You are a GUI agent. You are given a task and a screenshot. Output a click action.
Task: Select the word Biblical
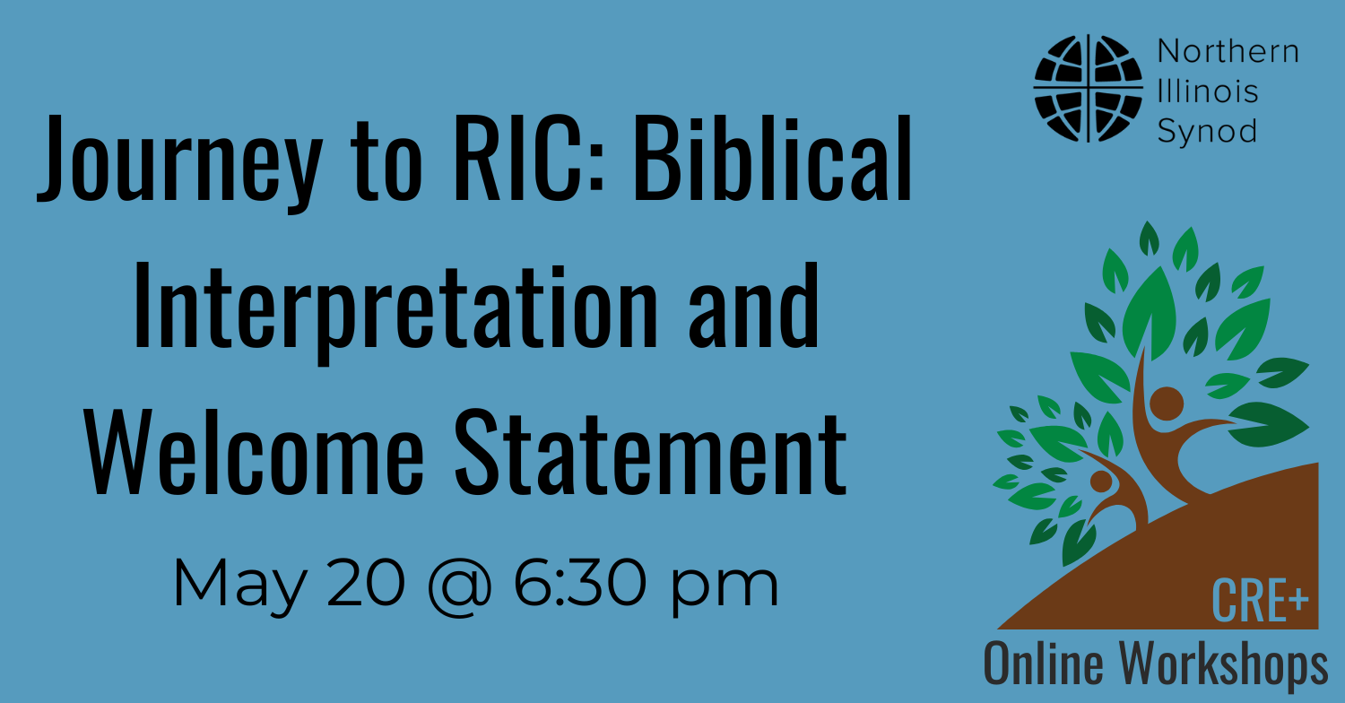point(772,157)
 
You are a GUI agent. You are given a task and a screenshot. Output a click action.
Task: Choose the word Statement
point(650,452)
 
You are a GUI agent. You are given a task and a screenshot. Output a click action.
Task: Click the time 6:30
point(579,582)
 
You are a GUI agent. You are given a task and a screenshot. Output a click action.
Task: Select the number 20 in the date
point(365,582)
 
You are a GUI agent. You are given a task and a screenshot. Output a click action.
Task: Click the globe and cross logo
point(1088,88)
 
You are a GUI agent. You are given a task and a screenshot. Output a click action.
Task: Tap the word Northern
point(1228,51)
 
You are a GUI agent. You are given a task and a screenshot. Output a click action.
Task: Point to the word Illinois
point(1208,91)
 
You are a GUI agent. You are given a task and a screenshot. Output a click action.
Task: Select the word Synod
point(1207,132)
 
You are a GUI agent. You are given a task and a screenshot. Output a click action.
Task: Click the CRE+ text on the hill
point(1260,601)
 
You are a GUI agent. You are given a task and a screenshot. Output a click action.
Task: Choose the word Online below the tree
point(1044,664)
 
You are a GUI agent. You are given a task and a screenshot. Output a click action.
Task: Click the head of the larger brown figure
point(1167,403)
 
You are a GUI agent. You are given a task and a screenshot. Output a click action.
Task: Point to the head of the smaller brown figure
point(1101,481)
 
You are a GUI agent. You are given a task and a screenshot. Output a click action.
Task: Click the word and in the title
point(753,307)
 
